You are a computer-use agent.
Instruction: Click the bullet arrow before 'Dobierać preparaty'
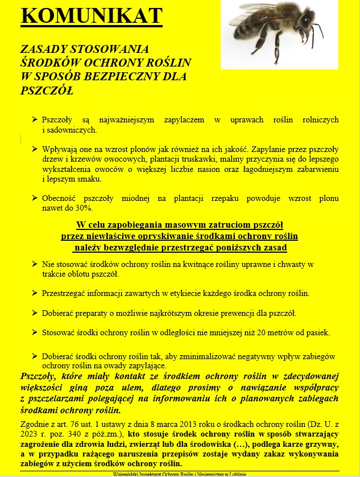(35, 312)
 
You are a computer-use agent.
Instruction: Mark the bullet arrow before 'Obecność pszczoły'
(35, 199)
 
